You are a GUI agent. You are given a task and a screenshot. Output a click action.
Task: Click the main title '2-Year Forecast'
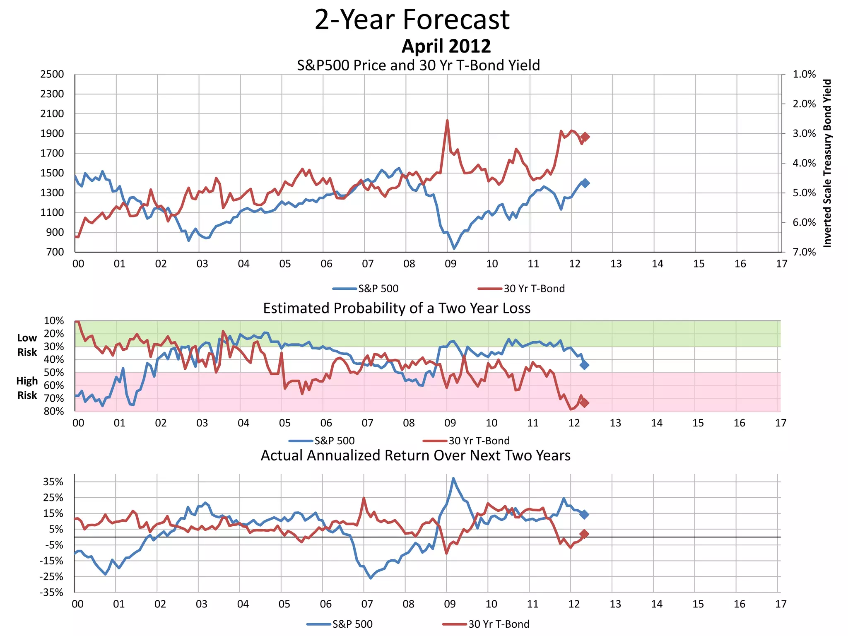coord(412,20)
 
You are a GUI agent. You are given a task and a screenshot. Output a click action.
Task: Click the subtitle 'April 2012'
coord(446,46)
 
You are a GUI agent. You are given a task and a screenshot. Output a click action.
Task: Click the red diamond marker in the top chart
coord(585,137)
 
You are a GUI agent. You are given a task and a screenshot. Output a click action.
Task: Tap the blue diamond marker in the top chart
coord(585,183)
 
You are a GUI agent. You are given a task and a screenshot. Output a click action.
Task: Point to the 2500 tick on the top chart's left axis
coord(52,75)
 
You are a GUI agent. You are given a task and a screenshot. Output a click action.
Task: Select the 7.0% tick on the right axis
coord(804,252)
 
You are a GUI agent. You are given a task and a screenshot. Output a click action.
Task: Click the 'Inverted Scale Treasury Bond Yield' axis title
coord(827,163)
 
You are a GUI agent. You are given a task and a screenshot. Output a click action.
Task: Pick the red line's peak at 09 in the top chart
coord(447,120)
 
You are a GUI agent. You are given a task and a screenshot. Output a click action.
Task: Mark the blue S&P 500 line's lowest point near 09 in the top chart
coord(454,248)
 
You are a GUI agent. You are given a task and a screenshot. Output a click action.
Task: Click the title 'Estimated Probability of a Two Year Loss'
coord(397,308)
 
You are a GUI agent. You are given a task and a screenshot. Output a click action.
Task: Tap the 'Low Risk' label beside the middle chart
coord(27,345)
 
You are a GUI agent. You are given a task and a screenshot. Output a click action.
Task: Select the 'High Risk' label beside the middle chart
coord(27,388)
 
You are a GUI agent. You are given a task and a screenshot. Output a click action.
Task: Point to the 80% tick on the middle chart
coord(54,411)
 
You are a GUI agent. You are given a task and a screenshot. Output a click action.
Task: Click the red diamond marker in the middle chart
coord(584,402)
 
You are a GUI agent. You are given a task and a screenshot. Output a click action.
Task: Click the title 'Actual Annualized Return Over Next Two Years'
coord(415,455)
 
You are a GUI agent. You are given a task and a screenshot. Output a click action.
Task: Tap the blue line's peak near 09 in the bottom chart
coord(453,478)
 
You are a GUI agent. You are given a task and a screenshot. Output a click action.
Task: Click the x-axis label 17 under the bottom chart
coord(781,604)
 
